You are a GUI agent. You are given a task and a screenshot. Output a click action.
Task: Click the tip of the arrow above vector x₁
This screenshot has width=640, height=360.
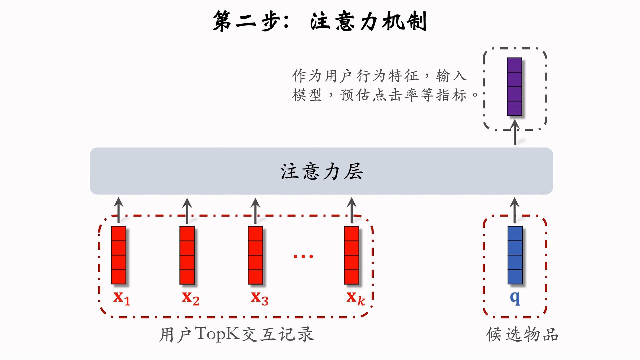coord(119,197)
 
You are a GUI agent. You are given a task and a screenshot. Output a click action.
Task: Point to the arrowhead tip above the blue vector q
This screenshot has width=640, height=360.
coord(515,197)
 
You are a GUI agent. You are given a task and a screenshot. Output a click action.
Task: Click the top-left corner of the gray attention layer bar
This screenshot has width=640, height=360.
coord(90,148)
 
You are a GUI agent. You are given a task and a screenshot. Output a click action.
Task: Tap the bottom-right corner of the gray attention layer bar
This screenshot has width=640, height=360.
coord(553,194)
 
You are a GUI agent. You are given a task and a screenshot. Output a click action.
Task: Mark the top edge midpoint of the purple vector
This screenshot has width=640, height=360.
coord(514,58)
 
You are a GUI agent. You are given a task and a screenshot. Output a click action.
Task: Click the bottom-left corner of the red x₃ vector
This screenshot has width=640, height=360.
coord(248,284)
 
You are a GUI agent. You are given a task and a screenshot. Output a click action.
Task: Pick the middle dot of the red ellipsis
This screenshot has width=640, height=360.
coord(303,256)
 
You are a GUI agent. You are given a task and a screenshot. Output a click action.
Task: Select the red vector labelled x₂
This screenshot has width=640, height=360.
coord(187,255)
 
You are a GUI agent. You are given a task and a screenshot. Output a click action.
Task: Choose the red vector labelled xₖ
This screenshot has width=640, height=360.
coord(352,255)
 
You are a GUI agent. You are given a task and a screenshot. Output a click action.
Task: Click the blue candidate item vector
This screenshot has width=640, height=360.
coord(515,255)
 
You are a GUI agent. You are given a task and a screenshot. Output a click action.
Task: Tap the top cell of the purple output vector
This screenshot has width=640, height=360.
coord(514,65)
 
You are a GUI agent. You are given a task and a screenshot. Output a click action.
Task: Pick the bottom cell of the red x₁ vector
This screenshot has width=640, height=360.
coord(119,277)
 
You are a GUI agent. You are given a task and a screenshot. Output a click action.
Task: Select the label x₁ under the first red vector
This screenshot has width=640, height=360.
coord(122,298)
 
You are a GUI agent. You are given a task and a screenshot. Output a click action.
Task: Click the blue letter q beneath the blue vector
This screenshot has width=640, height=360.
coord(515,298)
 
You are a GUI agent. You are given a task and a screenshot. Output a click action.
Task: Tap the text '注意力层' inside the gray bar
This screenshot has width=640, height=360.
coord(322,171)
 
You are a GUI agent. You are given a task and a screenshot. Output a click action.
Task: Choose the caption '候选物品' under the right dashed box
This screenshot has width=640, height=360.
coord(522,334)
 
